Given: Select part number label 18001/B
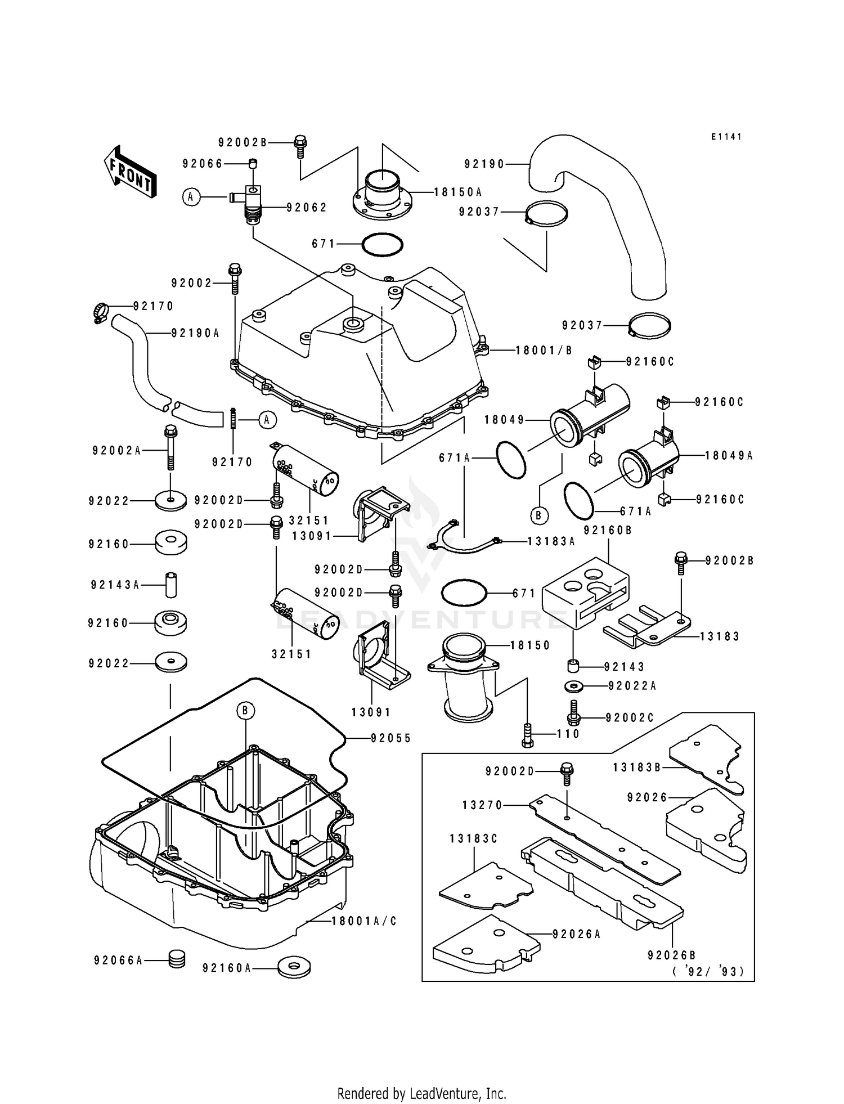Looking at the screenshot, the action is pyautogui.click(x=544, y=350).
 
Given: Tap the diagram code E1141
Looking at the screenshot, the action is pyautogui.click(x=726, y=137).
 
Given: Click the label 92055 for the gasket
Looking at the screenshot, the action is pyautogui.click(x=391, y=738).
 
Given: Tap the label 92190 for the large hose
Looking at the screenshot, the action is pyautogui.click(x=484, y=164).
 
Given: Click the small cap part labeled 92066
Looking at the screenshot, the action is pyautogui.click(x=253, y=164).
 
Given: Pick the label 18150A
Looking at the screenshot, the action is pyautogui.click(x=458, y=192).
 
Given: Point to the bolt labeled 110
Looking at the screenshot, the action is pyautogui.click(x=527, y=735).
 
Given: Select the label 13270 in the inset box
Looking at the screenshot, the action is pyautogui.click(x=483, y=805).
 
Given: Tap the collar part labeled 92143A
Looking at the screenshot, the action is pyautogui.click(x=170, y=585).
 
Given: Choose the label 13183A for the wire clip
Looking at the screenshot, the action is pyautogui.click(x=551, y=541).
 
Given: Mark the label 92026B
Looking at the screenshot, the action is pyautogui.click(x=672, y=955).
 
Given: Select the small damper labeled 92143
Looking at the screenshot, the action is pyautogui.click(x=574, y=666).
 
